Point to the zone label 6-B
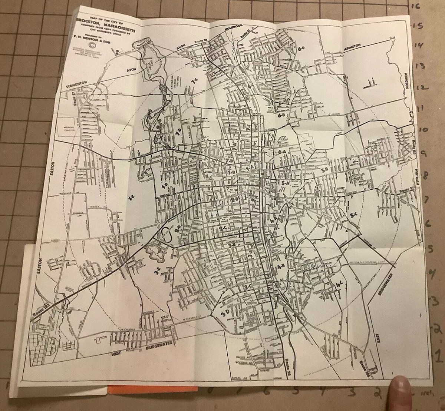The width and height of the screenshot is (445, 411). [284, 115]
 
